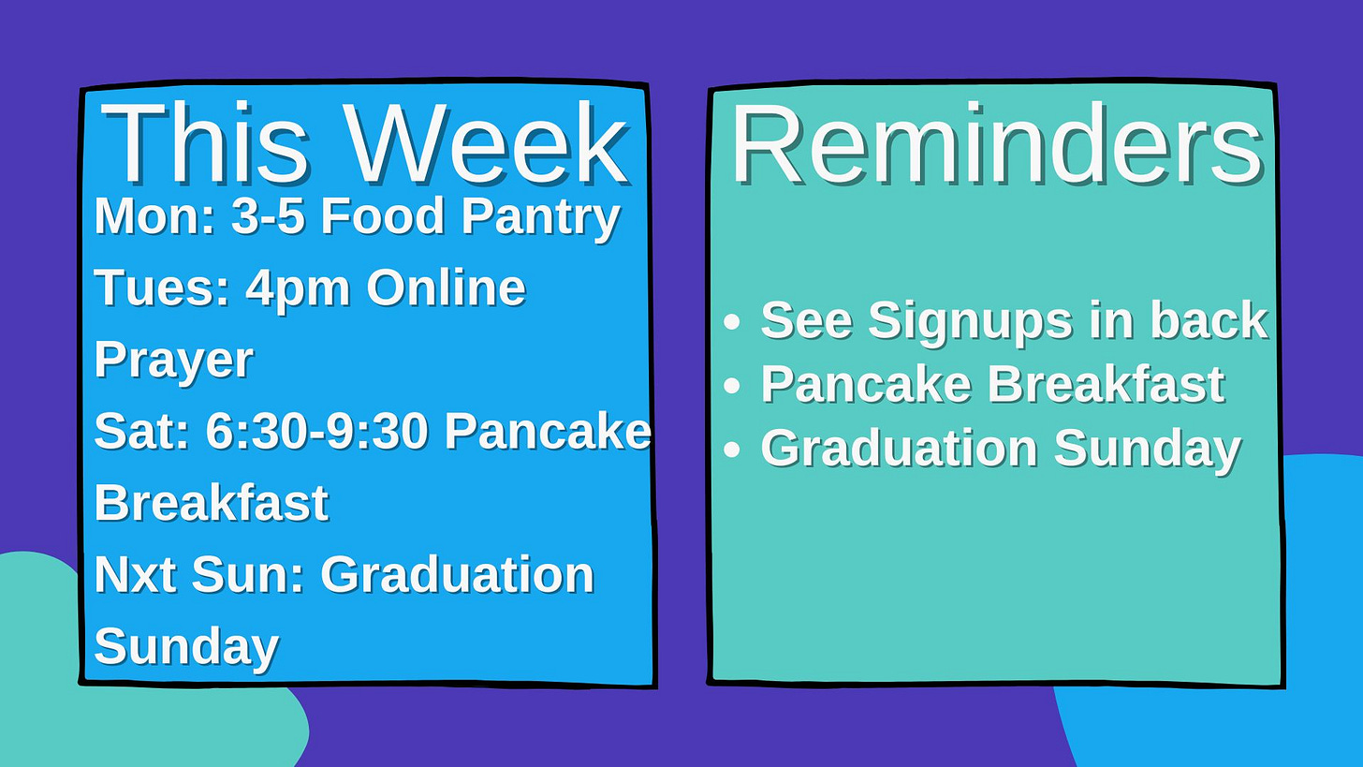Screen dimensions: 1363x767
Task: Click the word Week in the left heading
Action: pyautogui.click(x=487, y=143)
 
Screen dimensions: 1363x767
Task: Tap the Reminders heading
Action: pyautogui.click(x=997, y=144)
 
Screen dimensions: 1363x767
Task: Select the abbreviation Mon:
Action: pyautogui.click(x=154, y=215)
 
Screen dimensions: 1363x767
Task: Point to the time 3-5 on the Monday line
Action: pyautogui.click(x=268, y=216)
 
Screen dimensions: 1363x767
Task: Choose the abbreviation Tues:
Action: pyautogui.click(x=162, y=288)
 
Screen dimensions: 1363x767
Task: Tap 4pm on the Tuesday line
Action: pyautogui.click(x=298, y=290)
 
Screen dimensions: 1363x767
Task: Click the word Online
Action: pyautogui.click(x=446, y=288)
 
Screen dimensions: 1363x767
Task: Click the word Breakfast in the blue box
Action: pyautogui.click(x=212, y=503)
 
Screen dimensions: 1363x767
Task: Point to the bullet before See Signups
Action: pyautogui.click(x=733, y=321)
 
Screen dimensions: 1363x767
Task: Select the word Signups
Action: pyautogui.click(x=970, y=322)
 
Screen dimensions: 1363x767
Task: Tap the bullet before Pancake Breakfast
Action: pyautogui.click(x=733, y=385)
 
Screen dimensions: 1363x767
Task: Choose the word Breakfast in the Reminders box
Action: pyautogui.click(x=1107, y=384)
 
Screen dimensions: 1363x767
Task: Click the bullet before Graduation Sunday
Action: pyautogui.click(x=733, y=450)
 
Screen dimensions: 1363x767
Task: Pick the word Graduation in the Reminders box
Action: pyautogui.click(x=899, y=448)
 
